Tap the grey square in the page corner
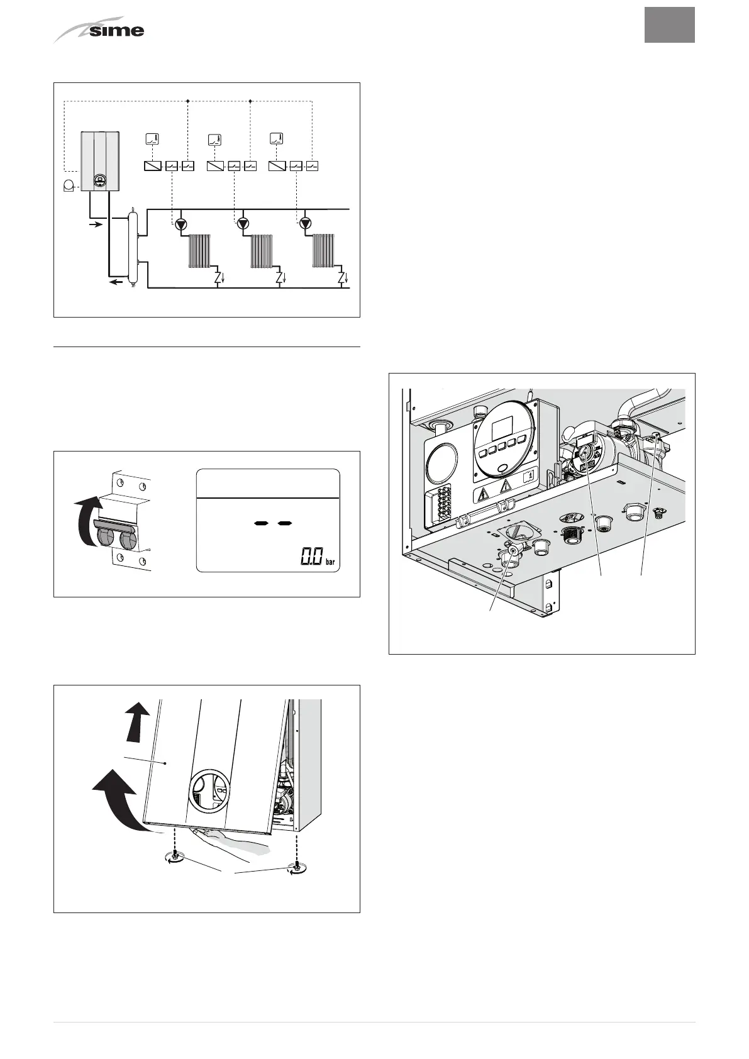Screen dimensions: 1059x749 669,25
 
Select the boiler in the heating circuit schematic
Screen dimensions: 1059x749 100,161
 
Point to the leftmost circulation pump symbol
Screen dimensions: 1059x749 181,223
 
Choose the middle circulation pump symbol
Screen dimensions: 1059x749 243,223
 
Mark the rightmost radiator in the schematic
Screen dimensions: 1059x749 323,251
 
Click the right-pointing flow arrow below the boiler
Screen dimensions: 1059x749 93,224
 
